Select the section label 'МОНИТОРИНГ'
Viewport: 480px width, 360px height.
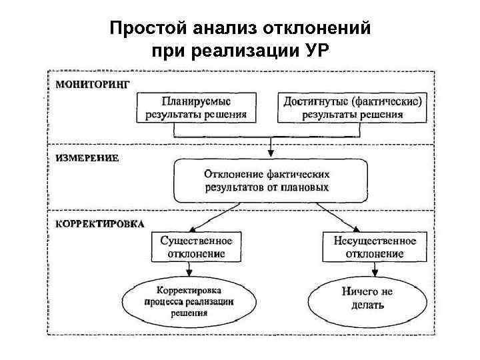pos(92,84)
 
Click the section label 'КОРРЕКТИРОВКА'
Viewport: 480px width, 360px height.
pos(99,223)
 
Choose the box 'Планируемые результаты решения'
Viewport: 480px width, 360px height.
pos(196,107)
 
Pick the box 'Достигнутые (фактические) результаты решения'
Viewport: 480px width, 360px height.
pos(353,107)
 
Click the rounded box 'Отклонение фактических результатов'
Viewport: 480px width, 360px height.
pos(270,180)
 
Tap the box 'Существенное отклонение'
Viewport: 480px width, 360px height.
pos(197,247)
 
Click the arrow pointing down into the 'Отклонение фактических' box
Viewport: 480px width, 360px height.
pos(270,148)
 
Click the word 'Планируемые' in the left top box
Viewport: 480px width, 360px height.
pos(196,101)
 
